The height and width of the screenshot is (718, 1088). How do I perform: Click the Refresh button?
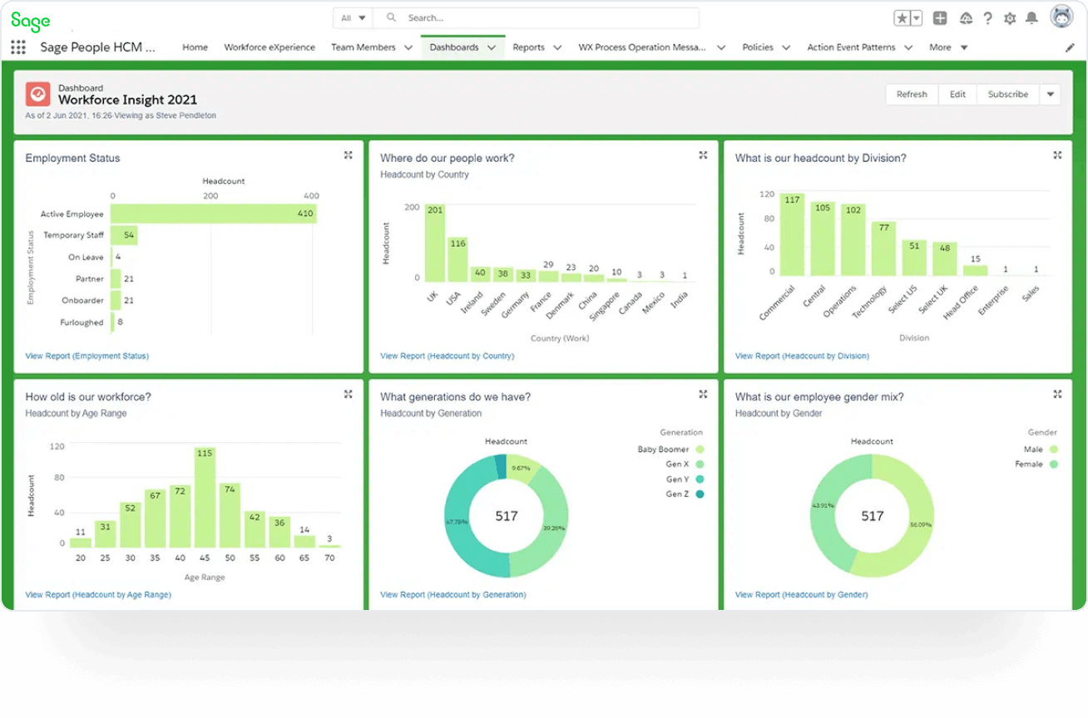click(912, 95)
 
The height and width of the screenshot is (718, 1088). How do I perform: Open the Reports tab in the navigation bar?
click(528, 47)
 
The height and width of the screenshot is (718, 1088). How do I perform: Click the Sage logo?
click(31, 21)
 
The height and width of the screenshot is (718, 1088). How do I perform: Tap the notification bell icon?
click(1031, 18)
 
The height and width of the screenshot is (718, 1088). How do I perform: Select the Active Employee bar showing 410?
click(214, 214)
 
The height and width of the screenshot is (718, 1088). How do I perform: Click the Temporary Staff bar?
click(124, 235)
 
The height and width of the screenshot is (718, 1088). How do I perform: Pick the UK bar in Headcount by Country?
click(435, 243)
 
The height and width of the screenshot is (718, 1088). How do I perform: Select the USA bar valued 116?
click(457, 260)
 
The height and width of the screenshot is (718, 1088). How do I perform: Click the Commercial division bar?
click(792, 235)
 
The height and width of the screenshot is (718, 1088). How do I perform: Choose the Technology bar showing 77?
click(883, 248)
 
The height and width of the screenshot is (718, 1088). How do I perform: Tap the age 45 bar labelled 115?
click(205, 499)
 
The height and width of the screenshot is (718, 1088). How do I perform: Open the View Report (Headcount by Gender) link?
click(801, 595)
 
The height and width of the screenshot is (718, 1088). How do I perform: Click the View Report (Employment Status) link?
click(87, 356)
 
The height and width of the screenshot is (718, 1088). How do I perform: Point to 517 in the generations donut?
click(507, 516)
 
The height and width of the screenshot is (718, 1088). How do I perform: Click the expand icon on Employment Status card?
click(348, 155)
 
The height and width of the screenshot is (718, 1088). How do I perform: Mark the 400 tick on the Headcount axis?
click(311, 196)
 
